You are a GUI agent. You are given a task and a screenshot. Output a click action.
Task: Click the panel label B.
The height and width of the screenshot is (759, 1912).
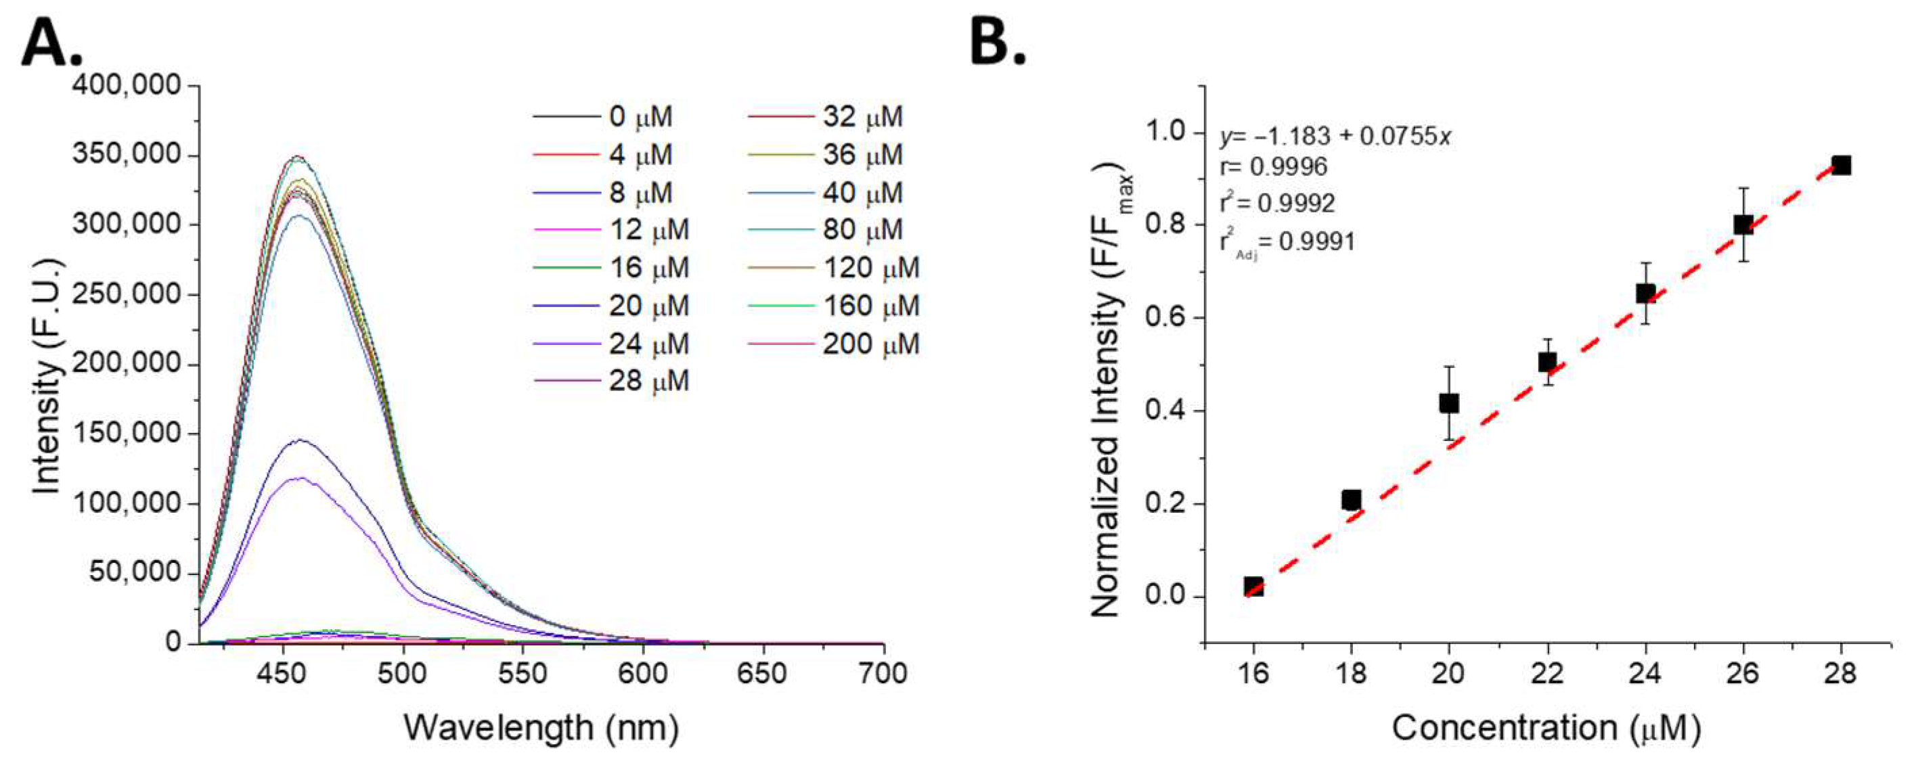click(x=998, y=43)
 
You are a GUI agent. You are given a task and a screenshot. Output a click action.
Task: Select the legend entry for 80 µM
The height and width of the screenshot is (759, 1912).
click(x=861, y=230)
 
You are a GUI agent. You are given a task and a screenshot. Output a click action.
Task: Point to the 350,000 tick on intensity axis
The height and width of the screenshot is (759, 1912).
click(x=126, y=155)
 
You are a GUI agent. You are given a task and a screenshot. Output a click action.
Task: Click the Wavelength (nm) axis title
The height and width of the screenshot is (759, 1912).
click(x=541, y=728)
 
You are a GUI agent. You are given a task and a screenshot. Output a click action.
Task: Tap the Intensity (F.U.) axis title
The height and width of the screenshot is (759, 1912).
click(x=47, y=377)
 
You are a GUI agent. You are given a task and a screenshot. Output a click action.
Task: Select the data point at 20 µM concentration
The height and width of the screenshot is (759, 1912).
click(x=1448, y=404)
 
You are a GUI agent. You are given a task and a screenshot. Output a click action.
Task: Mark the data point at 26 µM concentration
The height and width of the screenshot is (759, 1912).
click(x=1743, y=225)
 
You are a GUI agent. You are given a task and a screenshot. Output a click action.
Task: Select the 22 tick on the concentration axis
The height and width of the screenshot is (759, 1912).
click(x=1547, y=674)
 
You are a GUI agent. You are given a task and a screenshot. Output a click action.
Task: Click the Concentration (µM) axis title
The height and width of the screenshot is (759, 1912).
click(x=1546, y=728)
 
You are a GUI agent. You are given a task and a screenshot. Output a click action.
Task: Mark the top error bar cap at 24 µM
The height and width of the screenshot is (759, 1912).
click(x=1645, y=262)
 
